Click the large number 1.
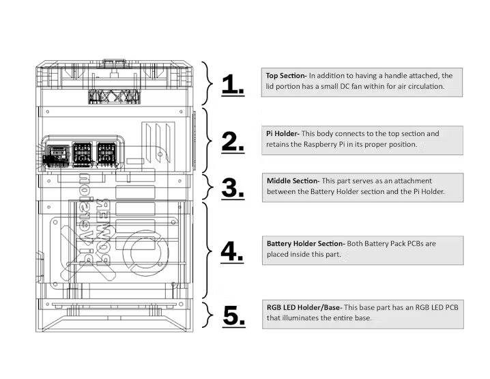pyautogui.click(x=233, y=85)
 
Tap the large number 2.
pyautogui.click(x=233, y=141)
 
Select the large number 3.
pyautogui.click(x=233, y=187)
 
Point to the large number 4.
pyautogui.click(x=233, y=252)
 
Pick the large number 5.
pyautogui.click(x=233, y=315)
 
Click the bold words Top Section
pyautogui.click(x=285, y=75)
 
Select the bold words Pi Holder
pyautogui.click(x=282, y=133)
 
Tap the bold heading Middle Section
pyautogui.click(x=292, y=180)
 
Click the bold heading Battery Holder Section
pyautogui.click(x=305, y=242)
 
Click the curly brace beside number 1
pyautogui.click(x=209, y=84)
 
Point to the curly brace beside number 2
pyautogui.click(x=209, y=140)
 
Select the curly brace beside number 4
pyautogui.click(x=209, y=251)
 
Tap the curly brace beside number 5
pyautogui.click(x=209, y=315)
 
